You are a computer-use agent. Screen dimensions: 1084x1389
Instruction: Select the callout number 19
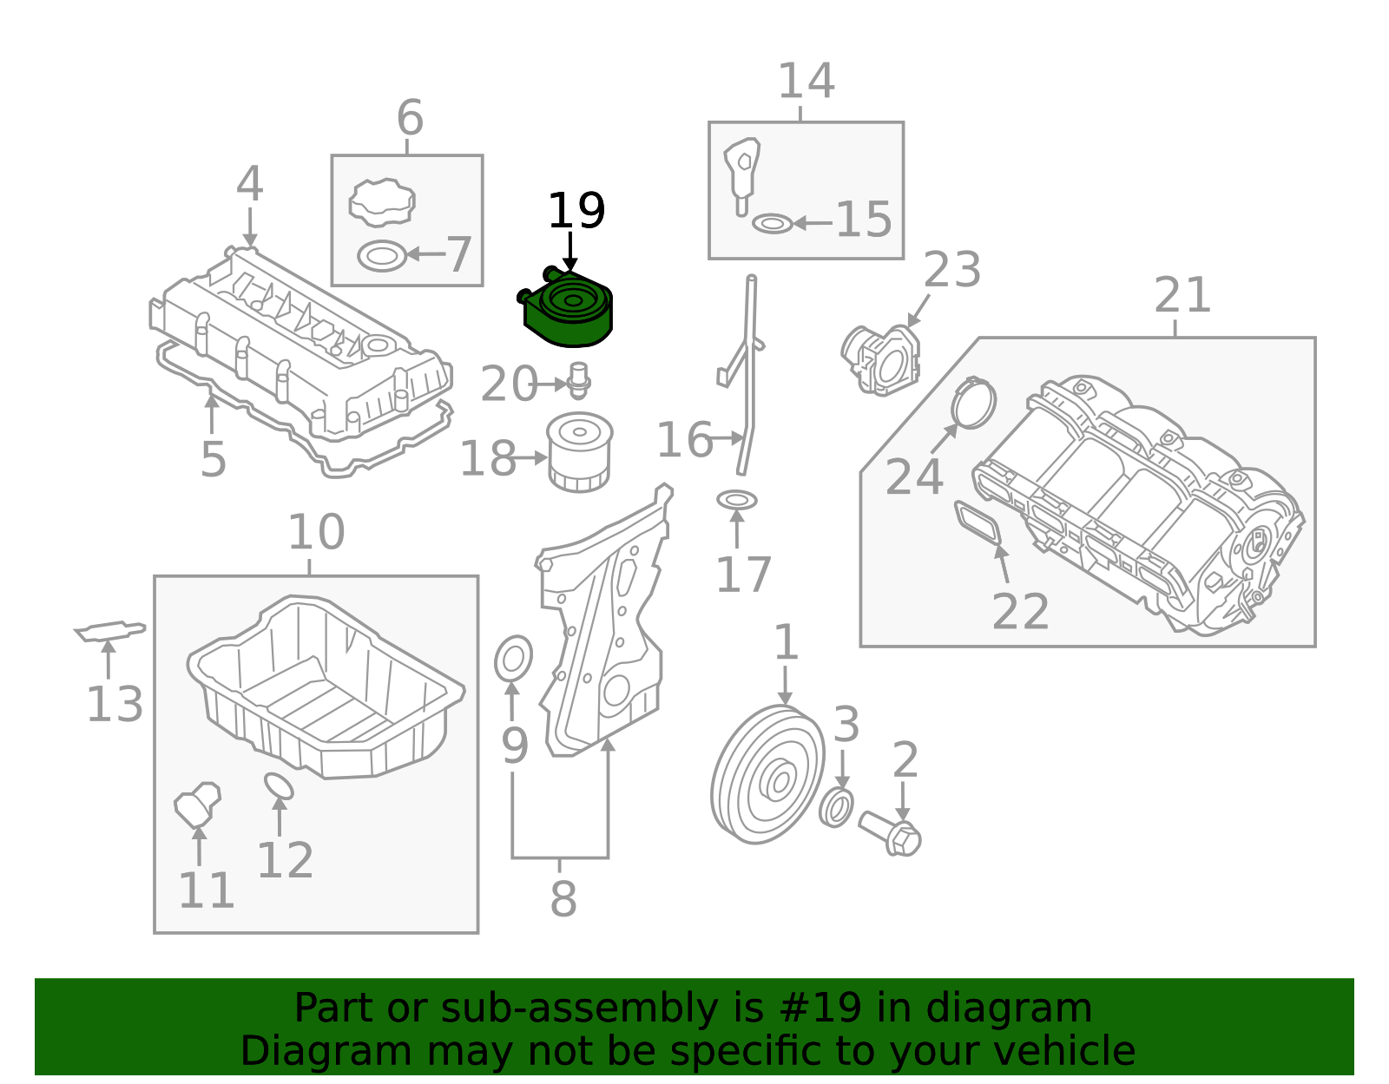pyautogui.click(x=576, y=211)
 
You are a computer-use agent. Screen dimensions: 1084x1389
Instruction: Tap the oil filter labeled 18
pyautogui.click(x=579, y=451)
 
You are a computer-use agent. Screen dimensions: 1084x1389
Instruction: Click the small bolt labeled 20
pyautogui.click(x=579, y=379)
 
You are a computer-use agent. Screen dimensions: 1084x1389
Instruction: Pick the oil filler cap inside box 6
pyautogui.click(x=382, y=203)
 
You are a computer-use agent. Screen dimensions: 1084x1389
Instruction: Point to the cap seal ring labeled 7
pyautogui.click(x=382, y=256)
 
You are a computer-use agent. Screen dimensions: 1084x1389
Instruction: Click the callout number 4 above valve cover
pyautogui.click(x=249, y=184)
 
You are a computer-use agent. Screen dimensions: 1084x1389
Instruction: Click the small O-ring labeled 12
pyautogui.click(x=279, y=786)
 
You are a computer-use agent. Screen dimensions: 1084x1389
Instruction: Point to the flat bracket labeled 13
pyautogui.click(x=109, y=631)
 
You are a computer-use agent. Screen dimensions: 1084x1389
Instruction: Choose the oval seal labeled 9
pyautogui.click(x=513, y=660)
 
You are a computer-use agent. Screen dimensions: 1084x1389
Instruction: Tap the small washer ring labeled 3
pyautogui.click(x=837, y=808)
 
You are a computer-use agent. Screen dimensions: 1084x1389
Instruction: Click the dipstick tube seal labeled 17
pyautogui.click(x=736, y=500)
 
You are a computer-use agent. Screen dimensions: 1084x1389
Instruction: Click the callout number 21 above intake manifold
pyautogui.click(x=1182, y=295)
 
